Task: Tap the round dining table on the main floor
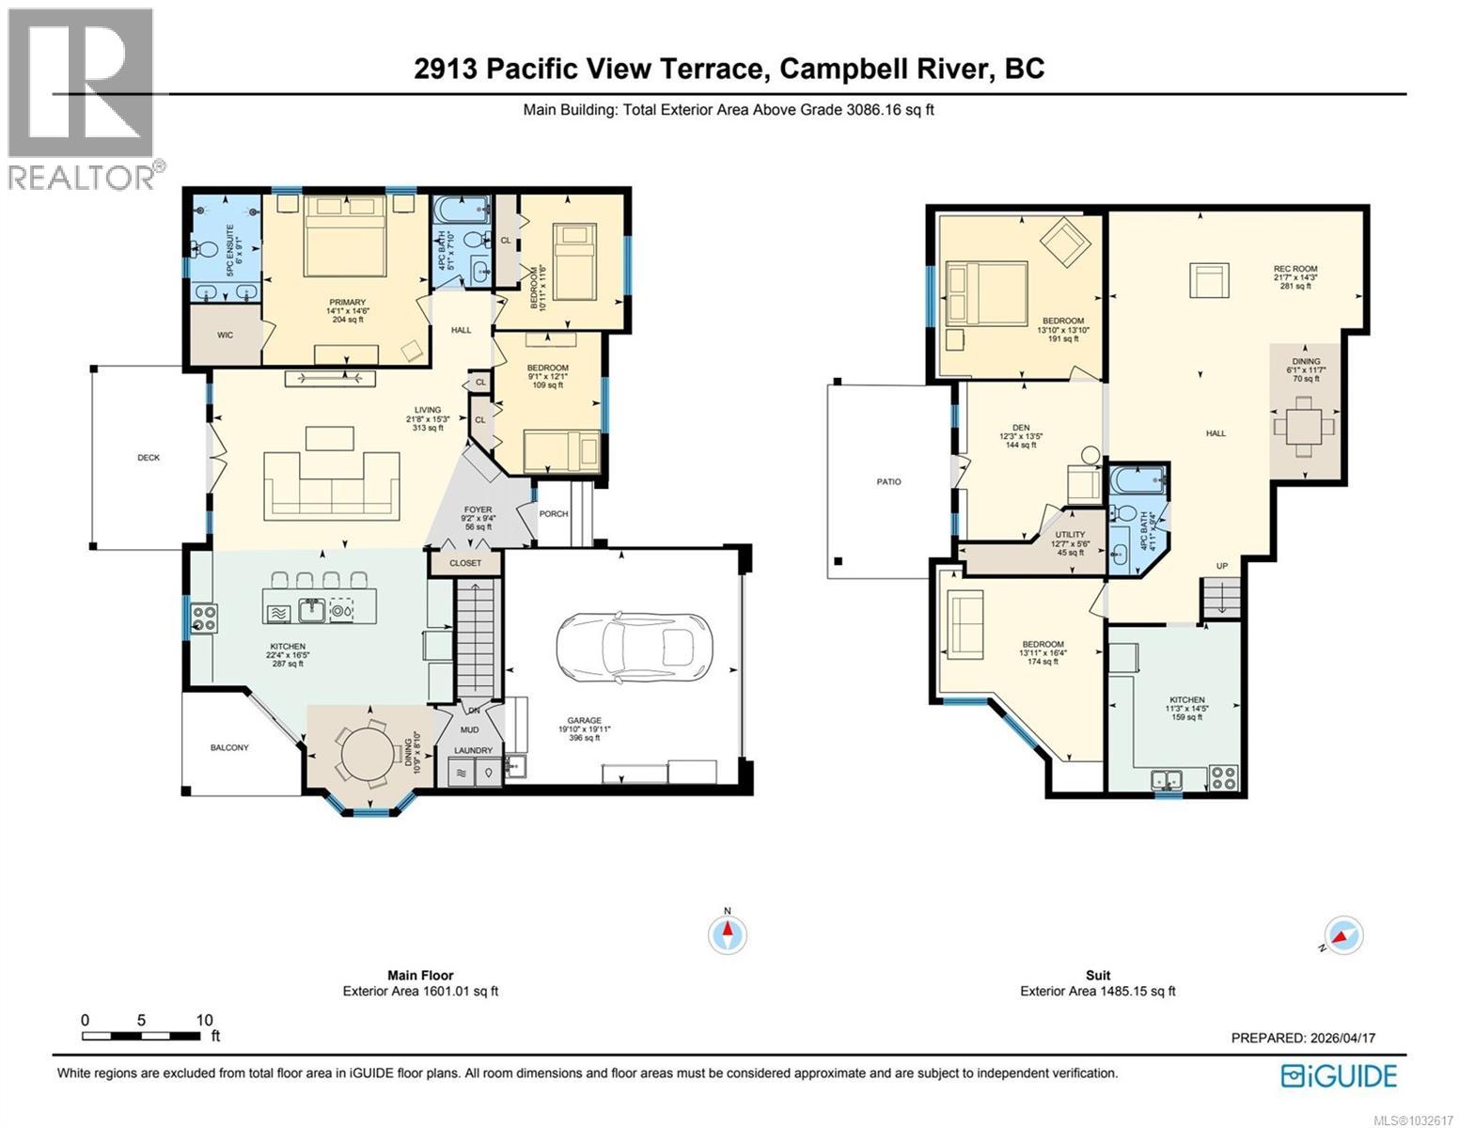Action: pos(369,752)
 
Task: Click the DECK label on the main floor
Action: pos(149,458)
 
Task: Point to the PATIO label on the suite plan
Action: pos(888,482)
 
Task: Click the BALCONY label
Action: pos(229,747)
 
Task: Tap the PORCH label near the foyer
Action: pos(554,514)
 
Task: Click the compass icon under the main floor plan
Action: pos(727,933)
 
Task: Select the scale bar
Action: pos(141,1036)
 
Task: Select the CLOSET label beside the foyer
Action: pos(465,563)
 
